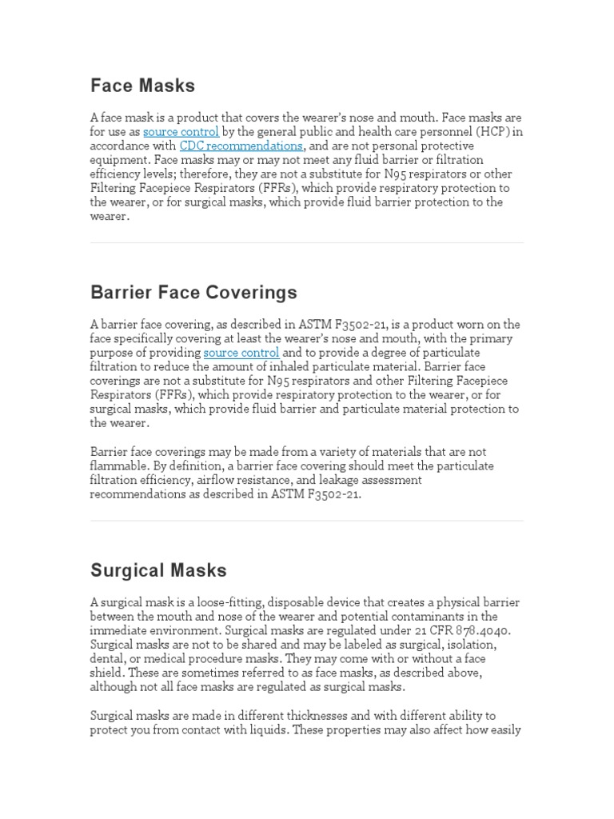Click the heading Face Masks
(x=142, y=86)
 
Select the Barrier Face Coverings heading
(x=193, y=292)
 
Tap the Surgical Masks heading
(x=158, y=570)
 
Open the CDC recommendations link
(x=241, y=146)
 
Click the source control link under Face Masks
(x=181, y=132)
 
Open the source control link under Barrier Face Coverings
(x=241, y=353)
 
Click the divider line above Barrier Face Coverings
(x=307, y=243)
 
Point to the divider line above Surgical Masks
(x=307, y=521)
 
